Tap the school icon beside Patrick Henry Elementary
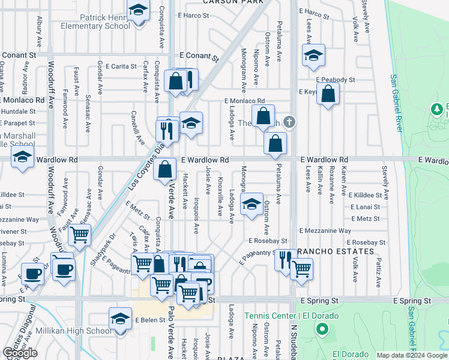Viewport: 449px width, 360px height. tap(137, 10)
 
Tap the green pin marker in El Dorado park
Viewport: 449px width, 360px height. tap(322, 329)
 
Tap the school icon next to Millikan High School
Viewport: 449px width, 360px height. tap(120, 318)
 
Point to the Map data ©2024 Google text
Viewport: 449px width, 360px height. tap(412, 355)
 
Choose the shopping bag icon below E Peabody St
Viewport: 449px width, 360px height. tap(328, 94)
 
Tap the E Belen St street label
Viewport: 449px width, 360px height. tap(149, 320)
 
